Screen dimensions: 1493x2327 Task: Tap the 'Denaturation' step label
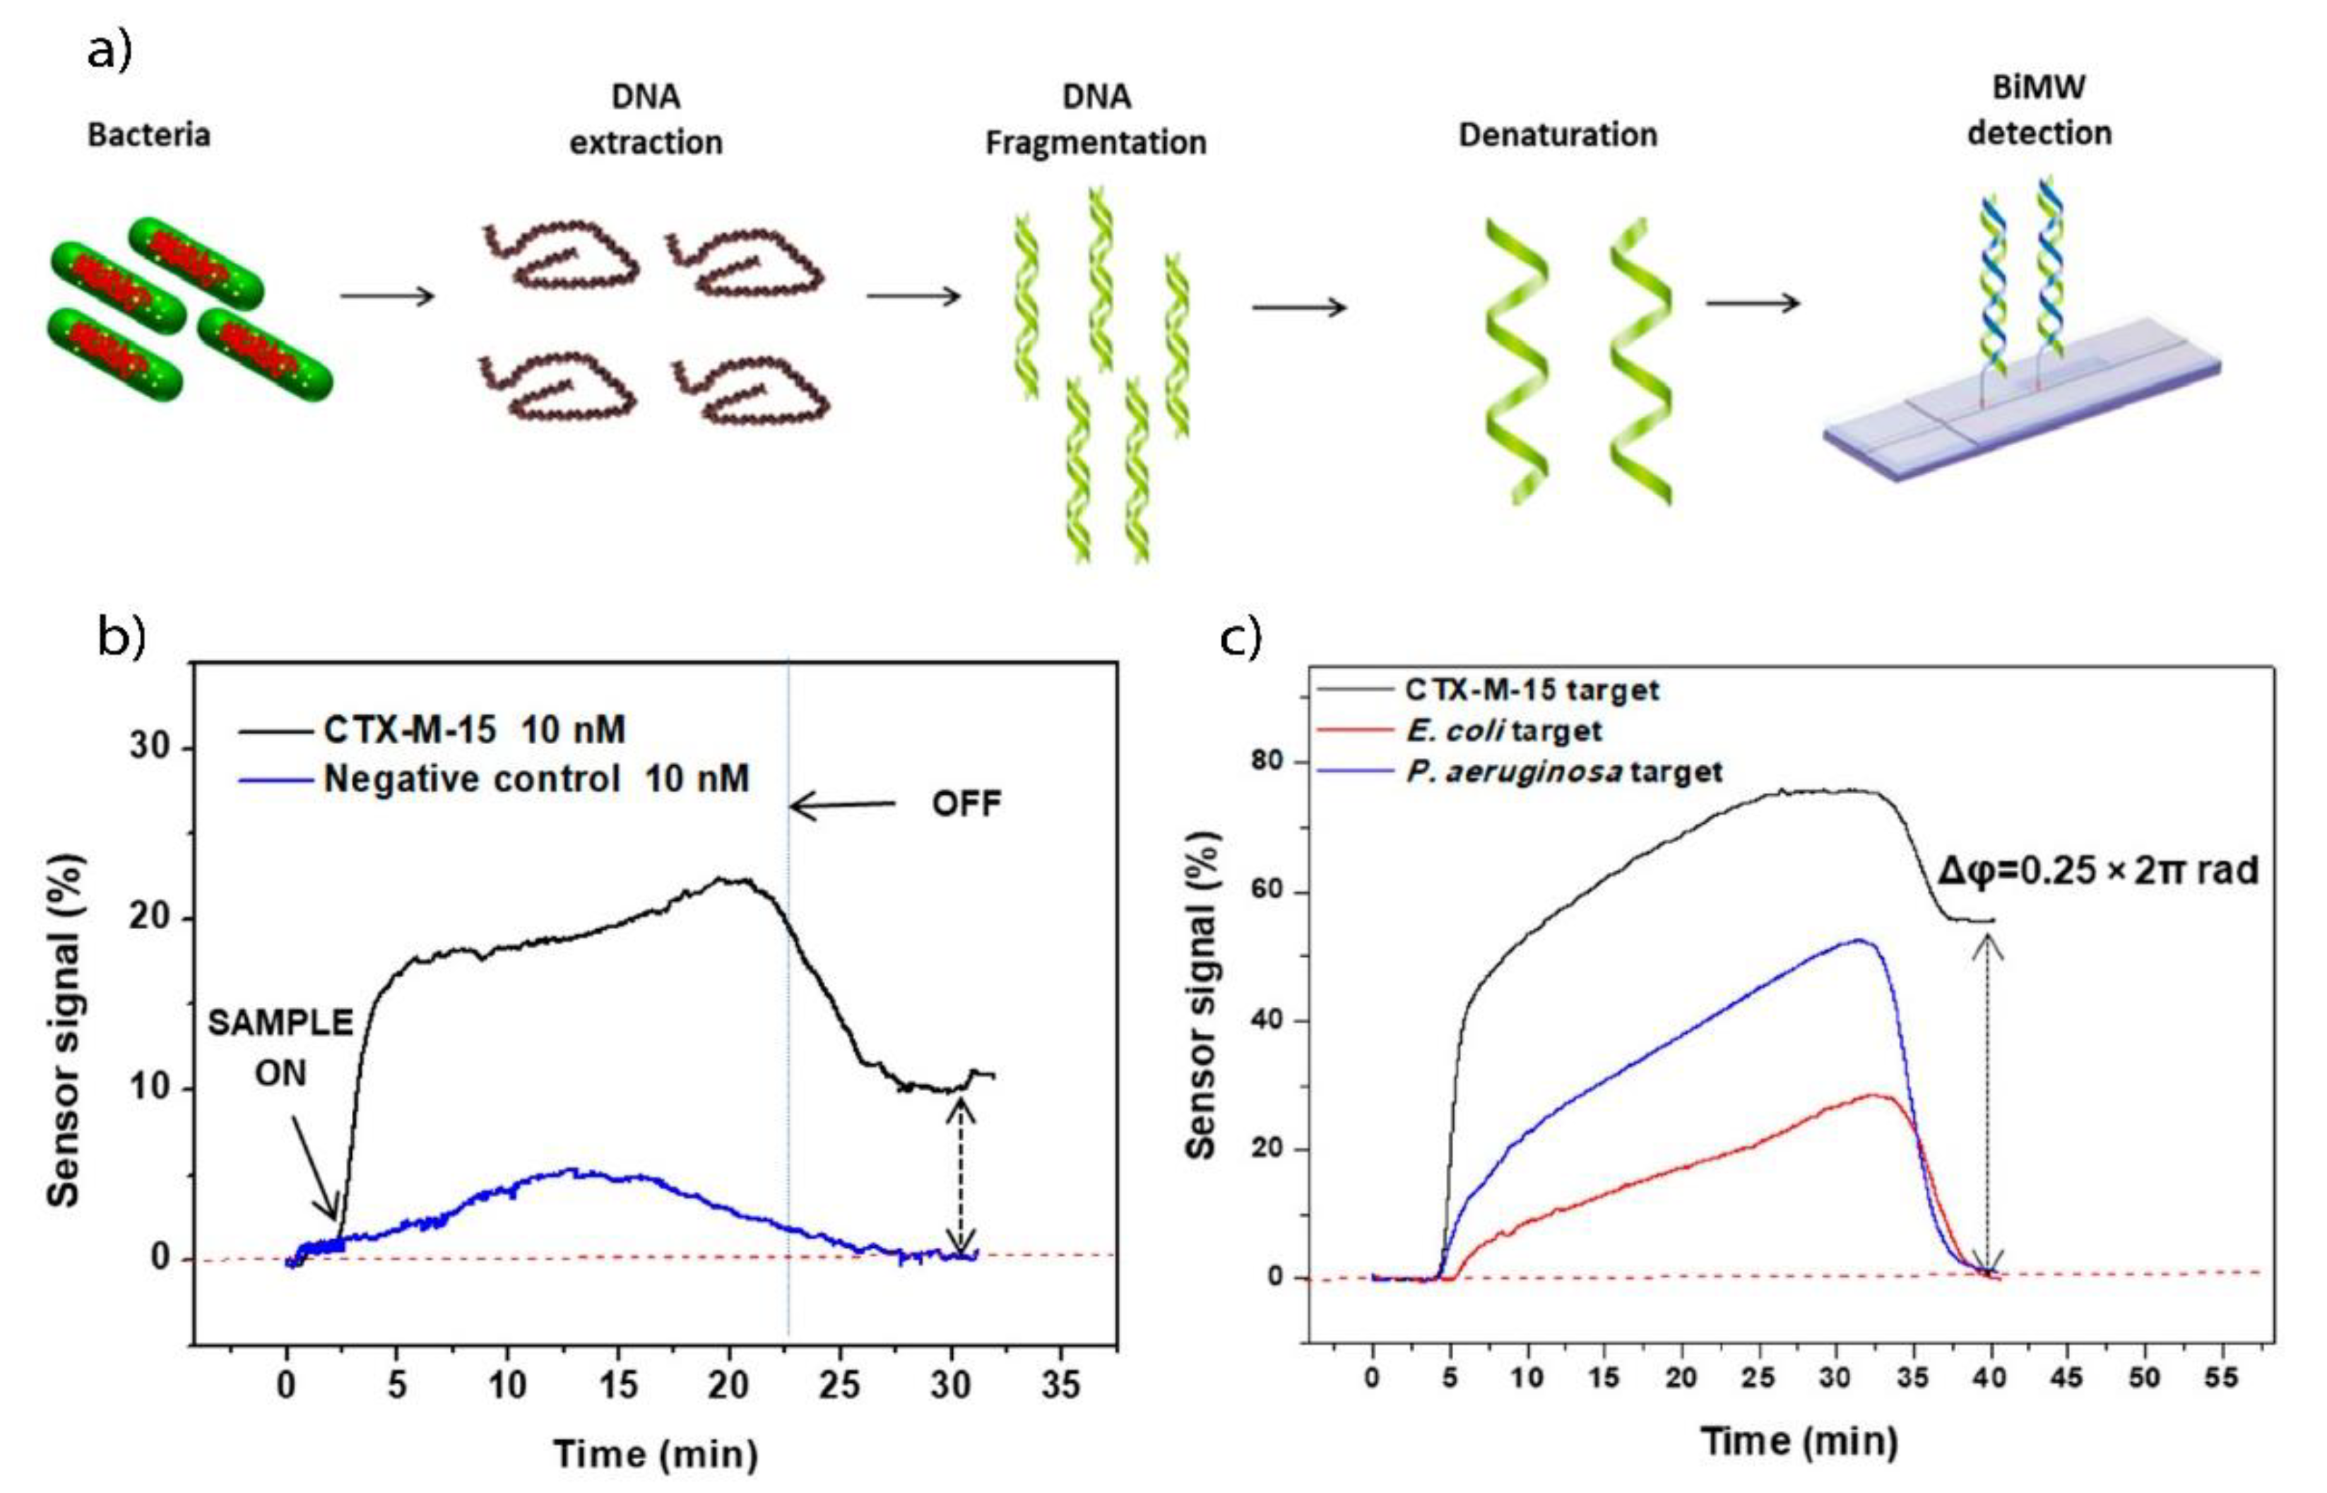[x=1558, y=135]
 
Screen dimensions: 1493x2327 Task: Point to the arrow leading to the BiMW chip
[x=1752, y=303]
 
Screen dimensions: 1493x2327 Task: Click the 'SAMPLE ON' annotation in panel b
[x=281, y=1047]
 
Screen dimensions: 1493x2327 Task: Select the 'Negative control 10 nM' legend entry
[x=536, y=779]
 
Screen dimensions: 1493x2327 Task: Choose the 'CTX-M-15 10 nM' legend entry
[x=474, y=729]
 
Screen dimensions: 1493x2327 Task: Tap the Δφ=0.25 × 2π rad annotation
[x=2098, y=870]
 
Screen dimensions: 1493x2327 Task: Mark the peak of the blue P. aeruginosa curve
[x=1858, y=940]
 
